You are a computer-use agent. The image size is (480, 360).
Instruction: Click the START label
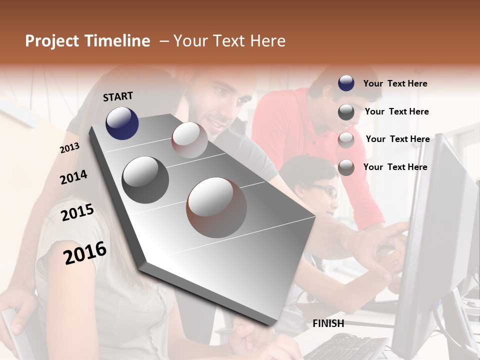pyautogui.click(x=118, y=96)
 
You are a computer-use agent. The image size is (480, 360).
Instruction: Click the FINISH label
pyautogui.click(x=328, y=323)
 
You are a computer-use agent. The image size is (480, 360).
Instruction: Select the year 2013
pyautogui.click(x=69, y=148)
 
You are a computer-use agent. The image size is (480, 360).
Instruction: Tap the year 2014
pyautogui.click(x=73, y=177)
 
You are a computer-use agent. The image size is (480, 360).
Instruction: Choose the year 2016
pyautogui.click(x=85, y=253)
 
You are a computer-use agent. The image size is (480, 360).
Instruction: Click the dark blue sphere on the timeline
pyautogui.click(x=122, y=123)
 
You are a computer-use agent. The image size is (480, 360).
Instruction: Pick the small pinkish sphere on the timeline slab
pyautogui.click(x=189, y=140)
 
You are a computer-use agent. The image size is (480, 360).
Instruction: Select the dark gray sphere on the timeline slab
pyautogui.click(x=145, y=180)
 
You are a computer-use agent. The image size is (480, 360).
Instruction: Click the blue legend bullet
pyautogui.click(x=346, y=83)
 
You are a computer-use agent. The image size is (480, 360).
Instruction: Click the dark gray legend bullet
pyautogui.click(x=346, y=112)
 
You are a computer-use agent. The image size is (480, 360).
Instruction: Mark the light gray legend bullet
pyautogui.click(x=346, y=140)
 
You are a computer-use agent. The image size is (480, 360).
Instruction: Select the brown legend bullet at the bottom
pyautogui.click(x=346, y=167)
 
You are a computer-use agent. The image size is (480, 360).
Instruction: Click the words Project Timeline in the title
pyautogui.click(x=87, y=41)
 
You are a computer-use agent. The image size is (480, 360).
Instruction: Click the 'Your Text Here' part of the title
pyautogui.click(x=229, y=41)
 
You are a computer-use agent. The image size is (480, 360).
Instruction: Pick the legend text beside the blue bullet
pyautogui.click(x=395, y=83)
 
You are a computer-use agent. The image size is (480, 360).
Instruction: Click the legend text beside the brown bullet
pyautogui.click(x=395, y=167)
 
